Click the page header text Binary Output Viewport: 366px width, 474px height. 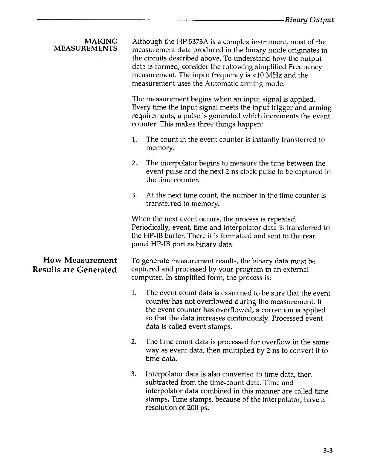pyautogui.click(x=309, y=20)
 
